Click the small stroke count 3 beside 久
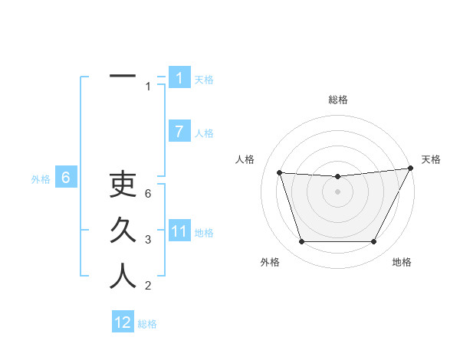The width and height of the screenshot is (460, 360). [149, 240]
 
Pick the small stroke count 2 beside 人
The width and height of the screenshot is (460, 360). [149, 286]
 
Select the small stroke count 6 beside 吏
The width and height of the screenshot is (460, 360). [149, 194]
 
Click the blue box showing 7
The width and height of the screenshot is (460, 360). [179, 132]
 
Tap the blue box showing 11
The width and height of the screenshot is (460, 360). [179, 231]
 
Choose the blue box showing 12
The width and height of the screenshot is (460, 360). [123, 322]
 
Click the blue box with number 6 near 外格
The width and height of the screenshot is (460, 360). [66, 178]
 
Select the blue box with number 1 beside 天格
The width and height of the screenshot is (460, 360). [179, 78]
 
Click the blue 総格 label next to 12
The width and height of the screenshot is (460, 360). [147, 324]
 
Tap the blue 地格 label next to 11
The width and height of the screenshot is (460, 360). [204, 233]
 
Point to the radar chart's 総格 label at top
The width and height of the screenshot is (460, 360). [337, 100]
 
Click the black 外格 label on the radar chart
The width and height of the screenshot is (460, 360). [270, 262]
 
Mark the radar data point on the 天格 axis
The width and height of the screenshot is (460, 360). [411, 168]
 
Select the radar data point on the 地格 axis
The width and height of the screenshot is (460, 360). [374, 242]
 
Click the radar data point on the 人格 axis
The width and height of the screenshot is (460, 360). [279, 172]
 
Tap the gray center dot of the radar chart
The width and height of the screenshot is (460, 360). [337, 191]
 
